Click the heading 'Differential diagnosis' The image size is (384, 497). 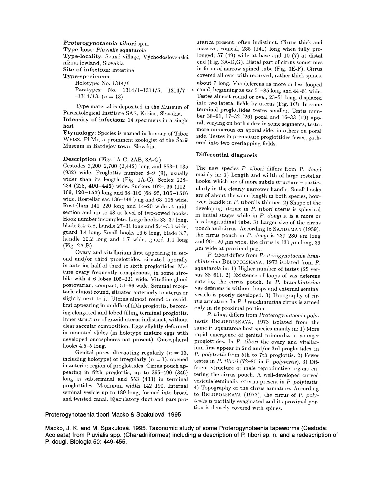(x=226, y=155)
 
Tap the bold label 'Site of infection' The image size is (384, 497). (x=83, y=70)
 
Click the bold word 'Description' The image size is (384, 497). (x=80, y=159)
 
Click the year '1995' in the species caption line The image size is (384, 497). (x=175, y=414)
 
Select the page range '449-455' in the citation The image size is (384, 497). (x=116, y=442)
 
